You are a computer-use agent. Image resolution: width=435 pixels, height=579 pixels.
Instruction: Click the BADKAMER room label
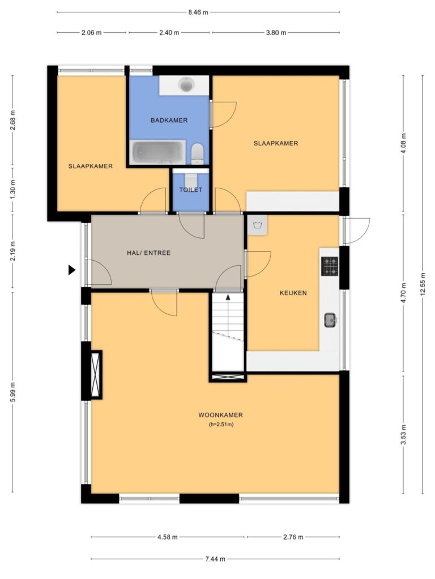tap(169, 120)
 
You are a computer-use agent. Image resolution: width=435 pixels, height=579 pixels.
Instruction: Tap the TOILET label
tap(191, 190)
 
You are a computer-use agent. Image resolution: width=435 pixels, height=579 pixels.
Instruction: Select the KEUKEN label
tap(293, 293)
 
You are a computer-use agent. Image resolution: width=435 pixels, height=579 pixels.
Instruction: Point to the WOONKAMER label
tap(221, 414)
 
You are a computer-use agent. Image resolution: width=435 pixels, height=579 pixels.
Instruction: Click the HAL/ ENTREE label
tap(149, 253)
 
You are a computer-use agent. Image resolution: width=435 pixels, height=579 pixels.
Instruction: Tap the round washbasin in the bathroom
tap(186, 85)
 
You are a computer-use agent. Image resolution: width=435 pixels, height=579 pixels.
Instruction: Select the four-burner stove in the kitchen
tap(330, 266)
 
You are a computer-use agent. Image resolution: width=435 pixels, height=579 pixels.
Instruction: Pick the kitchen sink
tap(330, 320)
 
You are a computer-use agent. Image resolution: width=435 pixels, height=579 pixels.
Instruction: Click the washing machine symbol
tap(257, 224)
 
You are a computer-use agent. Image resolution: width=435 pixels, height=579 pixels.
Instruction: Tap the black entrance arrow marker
tap(72, 270)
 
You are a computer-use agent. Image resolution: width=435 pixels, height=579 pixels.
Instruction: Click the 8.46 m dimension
tap(198, 12)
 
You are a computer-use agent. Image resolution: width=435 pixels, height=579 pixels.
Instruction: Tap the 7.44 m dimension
tap(215, 559)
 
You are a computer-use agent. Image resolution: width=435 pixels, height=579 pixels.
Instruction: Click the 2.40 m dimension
tap(169, 32)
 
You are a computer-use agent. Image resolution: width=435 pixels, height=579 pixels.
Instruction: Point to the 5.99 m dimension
tap(12, 392)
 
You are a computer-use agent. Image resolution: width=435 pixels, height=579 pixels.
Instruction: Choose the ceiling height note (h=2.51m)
tap(221, 424)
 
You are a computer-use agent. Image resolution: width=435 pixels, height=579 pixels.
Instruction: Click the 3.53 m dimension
tap(403, 435)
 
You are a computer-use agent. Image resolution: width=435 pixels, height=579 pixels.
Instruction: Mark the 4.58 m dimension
tap(167, 537)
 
